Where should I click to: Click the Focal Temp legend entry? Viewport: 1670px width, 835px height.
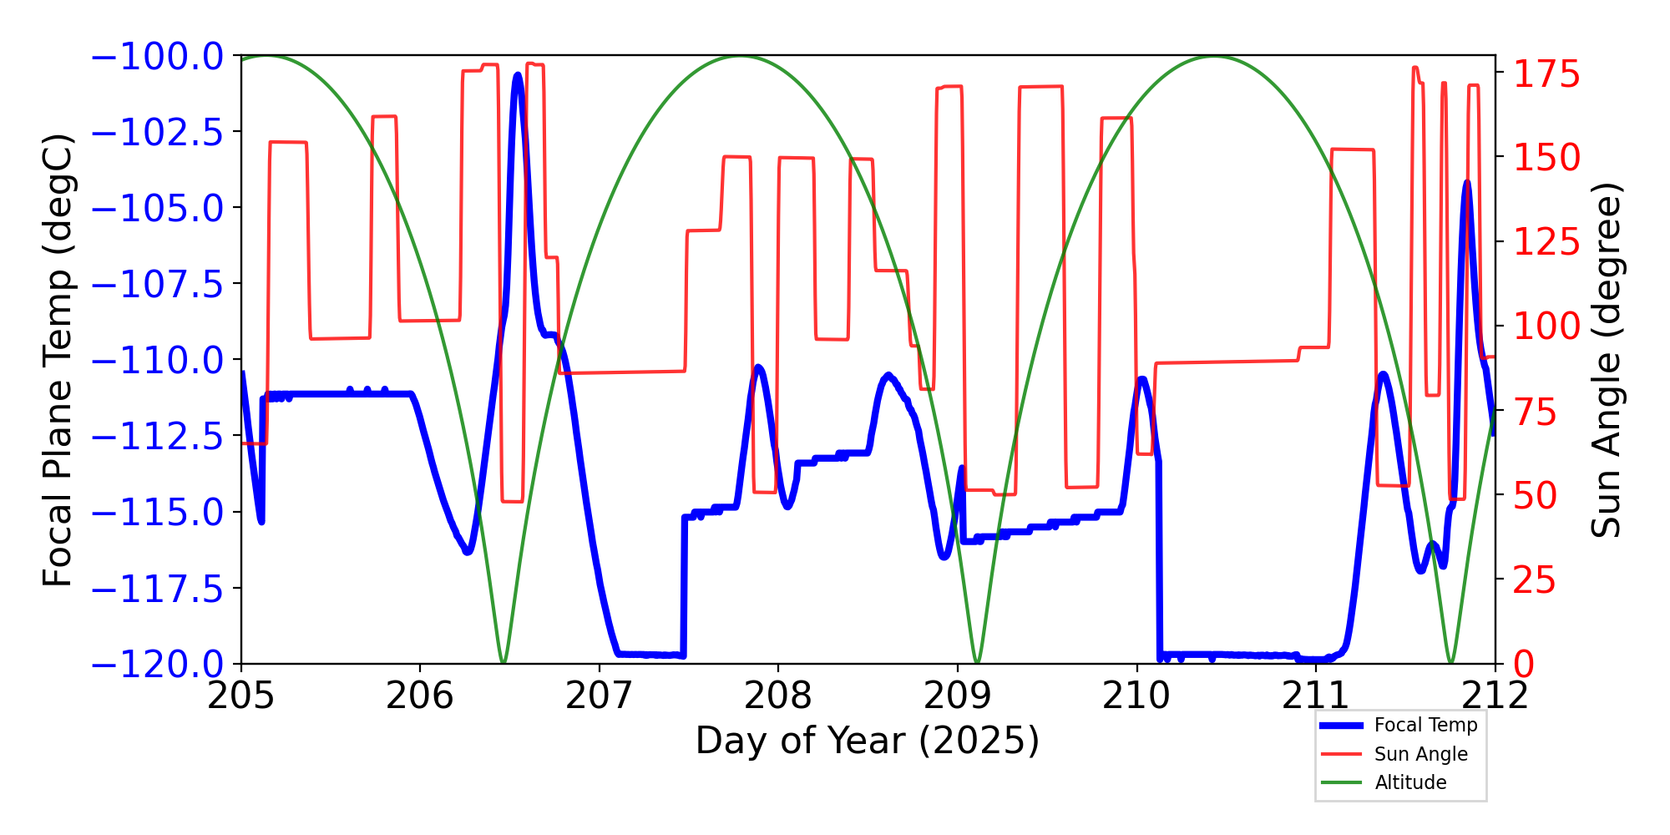pos(1425,725)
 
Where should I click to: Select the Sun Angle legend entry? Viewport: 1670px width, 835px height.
pos(1420,754)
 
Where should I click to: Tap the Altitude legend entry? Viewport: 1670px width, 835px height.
pos(1410,782)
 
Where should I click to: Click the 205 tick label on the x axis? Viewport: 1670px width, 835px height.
pos(241,696)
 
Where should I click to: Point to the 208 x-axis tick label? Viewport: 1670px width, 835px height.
pos(778,696)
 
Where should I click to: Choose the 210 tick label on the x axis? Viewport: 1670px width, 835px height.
pos(1136,696)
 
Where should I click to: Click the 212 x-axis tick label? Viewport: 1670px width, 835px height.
pos(1495,696)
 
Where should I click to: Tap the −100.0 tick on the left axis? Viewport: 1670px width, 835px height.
pos(157,57)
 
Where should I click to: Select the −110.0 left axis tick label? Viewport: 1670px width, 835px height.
pos(157,361)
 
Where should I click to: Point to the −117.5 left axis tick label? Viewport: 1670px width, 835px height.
pos(157,590)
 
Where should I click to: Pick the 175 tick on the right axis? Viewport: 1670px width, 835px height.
pos(1547,74)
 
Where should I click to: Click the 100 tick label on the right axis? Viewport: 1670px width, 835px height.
pos(1547,326)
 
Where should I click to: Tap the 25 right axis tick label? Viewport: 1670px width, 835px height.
pos(1536,580)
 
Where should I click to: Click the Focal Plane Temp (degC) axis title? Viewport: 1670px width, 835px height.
pos(58,360)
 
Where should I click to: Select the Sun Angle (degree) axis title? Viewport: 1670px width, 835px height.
pos(1605,360)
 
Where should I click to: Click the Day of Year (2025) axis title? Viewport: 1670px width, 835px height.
pos(868,741)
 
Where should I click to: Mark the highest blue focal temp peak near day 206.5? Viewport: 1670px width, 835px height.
pos(518,75)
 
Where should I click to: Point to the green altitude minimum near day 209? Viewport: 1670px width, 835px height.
pos(977,662)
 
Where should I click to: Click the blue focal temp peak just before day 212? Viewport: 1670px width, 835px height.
pos(1467,182)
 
